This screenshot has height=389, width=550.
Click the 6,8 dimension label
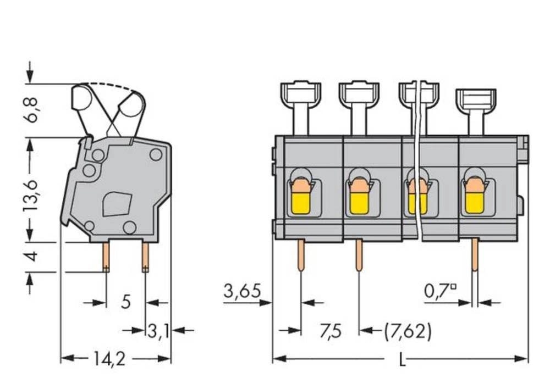point(33,110)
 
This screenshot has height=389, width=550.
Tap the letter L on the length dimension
point(402,360)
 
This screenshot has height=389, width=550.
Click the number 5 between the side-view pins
point(126,302)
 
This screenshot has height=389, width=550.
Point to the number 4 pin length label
point(33,256)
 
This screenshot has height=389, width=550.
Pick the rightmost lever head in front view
point(476,101)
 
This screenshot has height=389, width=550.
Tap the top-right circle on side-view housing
point(156,155)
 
